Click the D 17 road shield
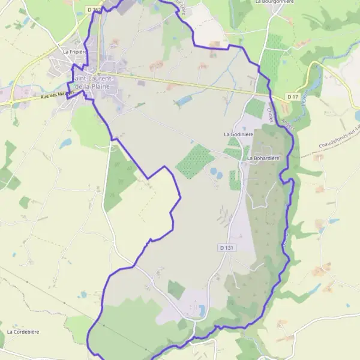292,97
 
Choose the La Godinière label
238,134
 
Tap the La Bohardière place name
263,158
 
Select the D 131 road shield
224,247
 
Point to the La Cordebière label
21,331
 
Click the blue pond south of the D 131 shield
202,310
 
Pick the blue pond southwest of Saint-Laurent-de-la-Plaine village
65,143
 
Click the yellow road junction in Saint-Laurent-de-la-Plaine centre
105,74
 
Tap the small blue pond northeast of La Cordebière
82,295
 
